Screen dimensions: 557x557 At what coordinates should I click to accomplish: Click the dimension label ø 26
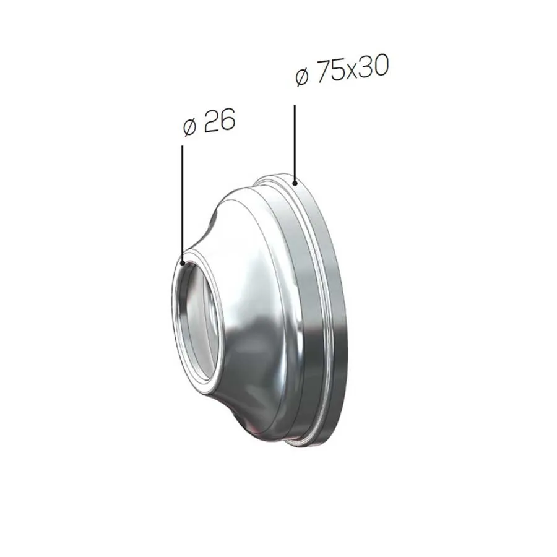pos(209,121)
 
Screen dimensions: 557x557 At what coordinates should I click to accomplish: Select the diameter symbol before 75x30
pos(301,77)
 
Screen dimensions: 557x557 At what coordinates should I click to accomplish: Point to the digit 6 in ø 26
pos(227,118)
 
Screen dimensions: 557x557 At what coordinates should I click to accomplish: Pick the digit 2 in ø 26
pos(210,121)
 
